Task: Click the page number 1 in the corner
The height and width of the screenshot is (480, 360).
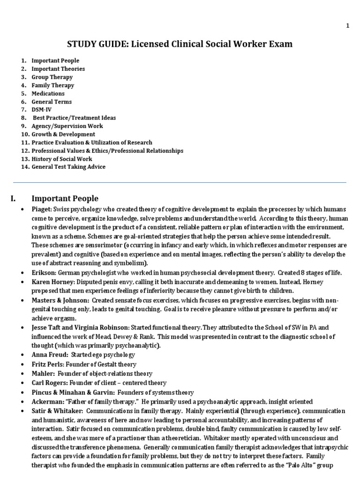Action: pyautogui.click(x=348, y=26)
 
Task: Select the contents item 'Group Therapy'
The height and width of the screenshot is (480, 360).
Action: pyautogui.click(x=52, y=77)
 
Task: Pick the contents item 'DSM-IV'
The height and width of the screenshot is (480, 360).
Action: pyautogui.click(x=42, y=110)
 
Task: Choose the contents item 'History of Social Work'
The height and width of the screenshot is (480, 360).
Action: pyautogui.click(x=62, y=158)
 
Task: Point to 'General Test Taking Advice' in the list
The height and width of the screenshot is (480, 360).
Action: pyautogui.click(x=68, y=167)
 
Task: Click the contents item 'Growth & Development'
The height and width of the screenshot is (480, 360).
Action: pyautogui.click(x=63, y=134)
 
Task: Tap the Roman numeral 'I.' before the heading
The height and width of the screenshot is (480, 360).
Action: pyautogui.click(x=14, y=198)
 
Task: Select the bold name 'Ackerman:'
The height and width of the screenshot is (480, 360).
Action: pyautogui.click(x=46, y=402)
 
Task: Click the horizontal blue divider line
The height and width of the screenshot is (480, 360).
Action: pyautogui.click(x=180, y=182)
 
